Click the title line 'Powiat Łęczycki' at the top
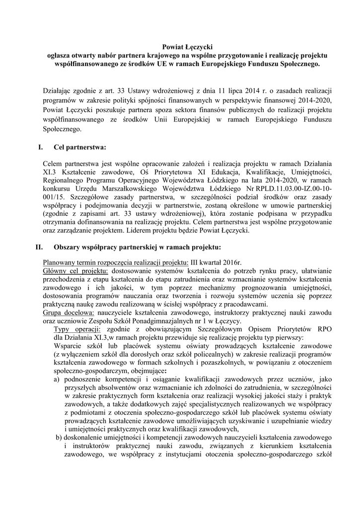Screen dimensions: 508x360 [180, 47]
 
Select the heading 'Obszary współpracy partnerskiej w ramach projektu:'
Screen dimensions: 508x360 [137, 247]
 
